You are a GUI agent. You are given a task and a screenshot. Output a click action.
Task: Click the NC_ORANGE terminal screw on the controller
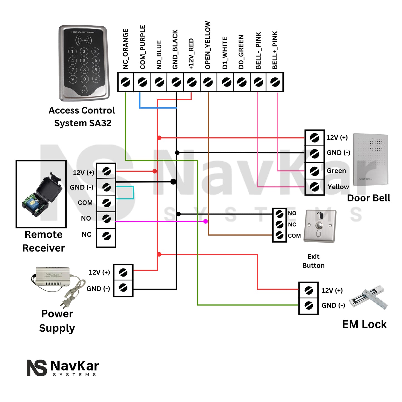(x=125, y=82)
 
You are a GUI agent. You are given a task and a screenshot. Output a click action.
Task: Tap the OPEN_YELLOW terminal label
(x=208, y=45)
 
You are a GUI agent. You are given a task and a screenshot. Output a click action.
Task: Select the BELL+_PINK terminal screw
(x=275, y=82)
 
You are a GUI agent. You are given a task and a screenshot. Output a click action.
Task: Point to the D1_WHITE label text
(x=225, y=53)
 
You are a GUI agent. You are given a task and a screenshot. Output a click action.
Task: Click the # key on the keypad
(x=96, y=79)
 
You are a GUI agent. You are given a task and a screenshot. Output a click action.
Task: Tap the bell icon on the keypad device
(x=84, y=89)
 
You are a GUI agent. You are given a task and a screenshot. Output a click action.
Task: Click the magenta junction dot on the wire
(x=206, y=221)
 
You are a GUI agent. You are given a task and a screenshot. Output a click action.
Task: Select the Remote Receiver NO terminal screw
(x=106, y=219)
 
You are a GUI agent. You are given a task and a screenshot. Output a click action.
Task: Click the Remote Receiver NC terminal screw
(x=106, y=236)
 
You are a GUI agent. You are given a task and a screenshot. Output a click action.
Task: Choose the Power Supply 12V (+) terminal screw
(x=123, y=272)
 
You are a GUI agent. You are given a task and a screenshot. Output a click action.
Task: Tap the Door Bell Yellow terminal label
(x=338, y=187)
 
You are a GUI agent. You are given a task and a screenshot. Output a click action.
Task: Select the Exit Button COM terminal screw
(x=279, y=236)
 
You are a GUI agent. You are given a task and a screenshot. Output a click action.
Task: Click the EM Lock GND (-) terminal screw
(x=309, y=306)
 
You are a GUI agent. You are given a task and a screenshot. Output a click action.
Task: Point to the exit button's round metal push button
(x=319, y=225)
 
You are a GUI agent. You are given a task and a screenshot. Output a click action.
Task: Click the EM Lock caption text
(x=364, y=324)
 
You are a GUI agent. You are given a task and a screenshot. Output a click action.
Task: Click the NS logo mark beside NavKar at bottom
(x=37, y=368)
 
